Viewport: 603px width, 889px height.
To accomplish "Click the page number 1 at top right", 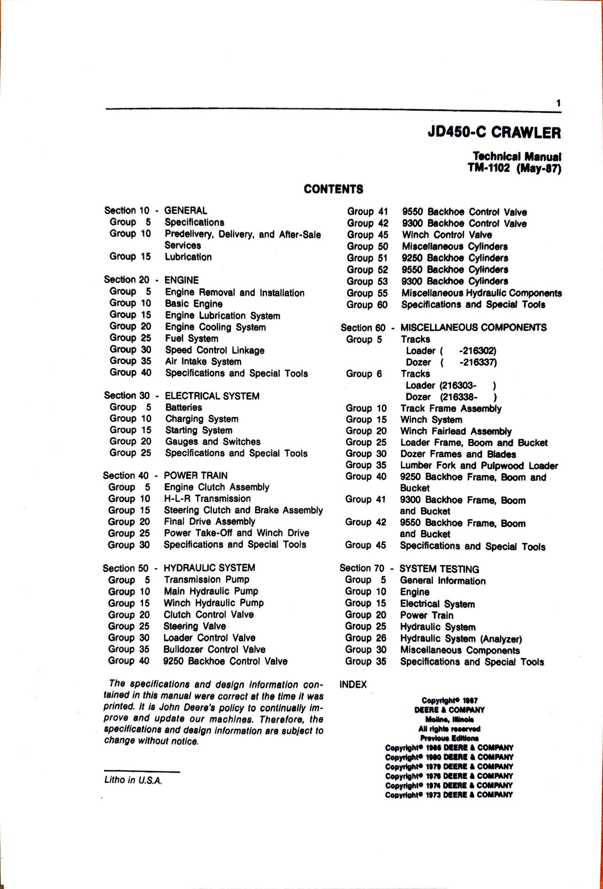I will pyautogui.click(x=558, y=103).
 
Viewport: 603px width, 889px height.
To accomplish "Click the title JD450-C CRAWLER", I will pyautogui.click(x=494, y=133).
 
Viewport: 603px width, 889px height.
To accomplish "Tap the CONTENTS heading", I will pyautogui.click(x=333, y=189).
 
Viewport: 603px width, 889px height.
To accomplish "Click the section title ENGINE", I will pyautogui.click(x=182, y=280).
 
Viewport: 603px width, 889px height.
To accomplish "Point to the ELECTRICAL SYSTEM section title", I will pyautogui.click(x=212, y=396).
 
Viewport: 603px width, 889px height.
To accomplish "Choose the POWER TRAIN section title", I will pyautogui.click(x=195, y=476).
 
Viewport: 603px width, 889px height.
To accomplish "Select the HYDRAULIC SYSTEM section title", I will pyautogui.click(x=209, y=568).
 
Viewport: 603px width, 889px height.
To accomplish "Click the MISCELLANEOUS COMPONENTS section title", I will pyautogui.click(x=473, y=327).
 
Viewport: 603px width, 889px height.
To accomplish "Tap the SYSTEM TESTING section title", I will pyautogui.click(x=439, y=569).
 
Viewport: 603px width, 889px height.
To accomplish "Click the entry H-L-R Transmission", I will pyautogui.click(x=207, y=499).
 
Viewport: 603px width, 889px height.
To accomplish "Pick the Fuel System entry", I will pyautogui.click(x=191, y=338).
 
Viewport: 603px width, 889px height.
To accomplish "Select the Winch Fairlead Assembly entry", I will pyautogui.click(x=456, y=431).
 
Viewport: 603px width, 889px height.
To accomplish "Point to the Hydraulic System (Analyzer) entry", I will pyautogui.click(x=461, y=639).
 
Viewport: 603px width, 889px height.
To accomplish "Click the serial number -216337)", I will pyautogui.click(x=478, y=362).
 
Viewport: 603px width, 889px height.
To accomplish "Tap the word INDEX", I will pyautogui.click(x=353, y=685).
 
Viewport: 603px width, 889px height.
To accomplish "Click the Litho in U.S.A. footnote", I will pyautogui.click(x=133, y=780).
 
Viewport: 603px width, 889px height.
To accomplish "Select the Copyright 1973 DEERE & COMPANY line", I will pyautogui.click(x=449, y=795).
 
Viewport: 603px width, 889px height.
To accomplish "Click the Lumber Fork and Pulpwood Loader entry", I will pyautogui.click(x=479, y=466).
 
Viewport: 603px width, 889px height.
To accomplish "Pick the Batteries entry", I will pyautogui.click(x=183, y=408).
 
